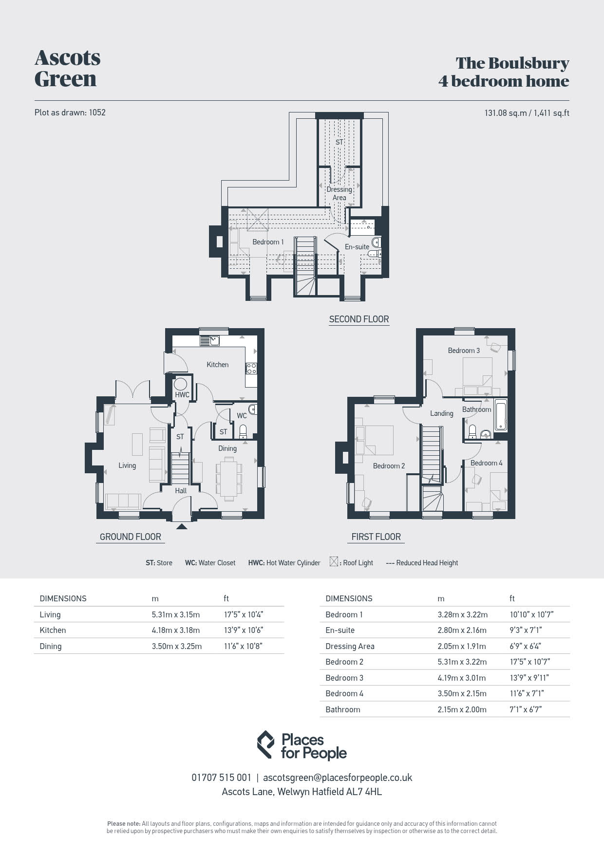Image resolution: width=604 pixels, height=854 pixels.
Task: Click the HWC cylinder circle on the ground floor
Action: (x=181, y=384)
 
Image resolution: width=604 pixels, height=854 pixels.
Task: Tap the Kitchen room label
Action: (x=217, y=364)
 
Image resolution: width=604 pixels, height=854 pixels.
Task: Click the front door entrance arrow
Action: (x=182, y=526)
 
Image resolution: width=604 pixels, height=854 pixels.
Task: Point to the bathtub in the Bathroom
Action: (x=501, y=415)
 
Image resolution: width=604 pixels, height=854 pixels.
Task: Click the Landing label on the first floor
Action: (x=442, y=413)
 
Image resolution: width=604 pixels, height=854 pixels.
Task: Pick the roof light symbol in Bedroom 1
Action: (x=258, y=220)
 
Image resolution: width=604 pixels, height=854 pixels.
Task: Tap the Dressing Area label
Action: (x=339, y=193)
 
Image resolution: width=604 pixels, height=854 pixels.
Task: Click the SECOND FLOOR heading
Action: (x=359, y=319)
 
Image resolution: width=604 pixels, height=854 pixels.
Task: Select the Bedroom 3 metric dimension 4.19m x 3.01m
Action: (x=462, y=678)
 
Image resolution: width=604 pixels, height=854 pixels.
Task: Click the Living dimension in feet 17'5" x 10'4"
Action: (x=247, y=614)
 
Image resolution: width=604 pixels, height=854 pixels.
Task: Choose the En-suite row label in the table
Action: (x=340, y=630)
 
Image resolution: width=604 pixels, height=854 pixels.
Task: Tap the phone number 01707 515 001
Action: (x=222, y=778)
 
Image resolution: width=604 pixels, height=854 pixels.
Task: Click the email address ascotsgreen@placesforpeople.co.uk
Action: (x=338, y=778)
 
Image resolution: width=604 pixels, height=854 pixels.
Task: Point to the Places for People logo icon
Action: (x=265, y=744)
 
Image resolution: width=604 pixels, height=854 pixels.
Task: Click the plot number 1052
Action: (x=97, y=112)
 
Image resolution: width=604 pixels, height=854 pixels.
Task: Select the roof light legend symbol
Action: (x=334, y=562)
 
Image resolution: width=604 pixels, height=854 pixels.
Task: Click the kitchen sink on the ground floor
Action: (x=210, y=341)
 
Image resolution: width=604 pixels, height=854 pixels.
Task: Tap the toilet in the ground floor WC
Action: (x=243, y=431)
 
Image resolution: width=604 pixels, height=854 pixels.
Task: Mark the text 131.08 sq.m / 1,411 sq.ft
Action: (x=527, y=113)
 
